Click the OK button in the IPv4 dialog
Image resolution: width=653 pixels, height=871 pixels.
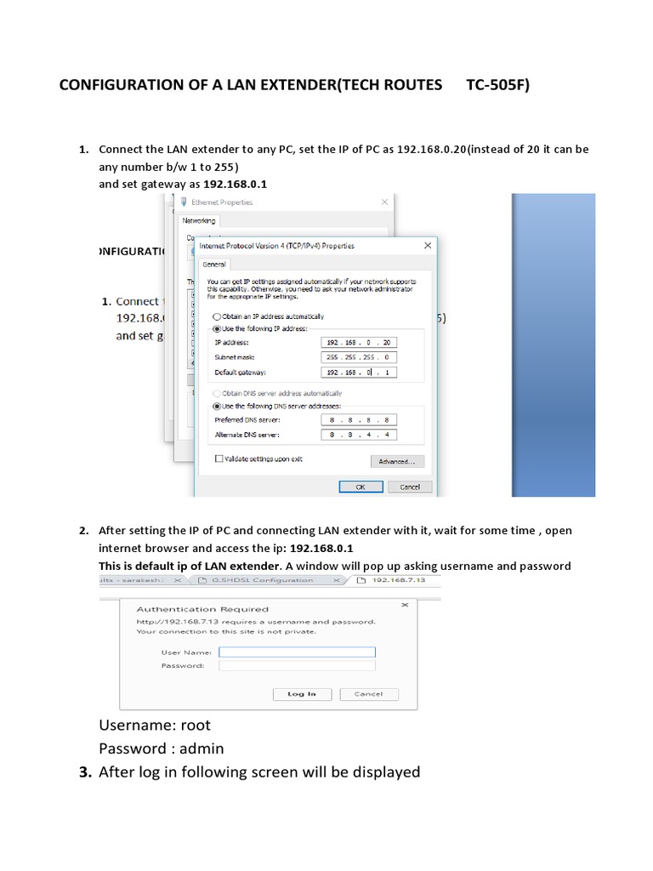[361, 487]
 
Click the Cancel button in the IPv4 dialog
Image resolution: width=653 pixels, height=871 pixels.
[409, 487]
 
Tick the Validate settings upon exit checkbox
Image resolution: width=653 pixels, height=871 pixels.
[219, 458]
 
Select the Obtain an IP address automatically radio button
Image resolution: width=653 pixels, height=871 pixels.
[217, 316]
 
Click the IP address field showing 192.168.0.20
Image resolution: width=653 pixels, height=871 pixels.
[360, 343]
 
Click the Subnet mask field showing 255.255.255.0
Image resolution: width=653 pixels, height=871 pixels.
[360, 357]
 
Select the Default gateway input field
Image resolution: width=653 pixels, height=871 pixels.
[360, 373]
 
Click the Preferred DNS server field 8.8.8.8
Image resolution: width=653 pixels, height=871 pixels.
[360, 420]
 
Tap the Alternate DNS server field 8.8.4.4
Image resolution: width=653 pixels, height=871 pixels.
[360, 435]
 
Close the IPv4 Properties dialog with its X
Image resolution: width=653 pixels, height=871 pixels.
[427, 245]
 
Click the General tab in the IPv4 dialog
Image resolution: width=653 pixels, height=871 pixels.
[213, 265]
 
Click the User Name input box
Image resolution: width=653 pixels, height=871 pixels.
[297, 652]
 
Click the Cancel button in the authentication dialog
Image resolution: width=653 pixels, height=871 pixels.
[368, 694]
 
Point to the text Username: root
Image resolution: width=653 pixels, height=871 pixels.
[155, 725]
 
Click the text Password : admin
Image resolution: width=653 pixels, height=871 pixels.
[162, 749]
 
